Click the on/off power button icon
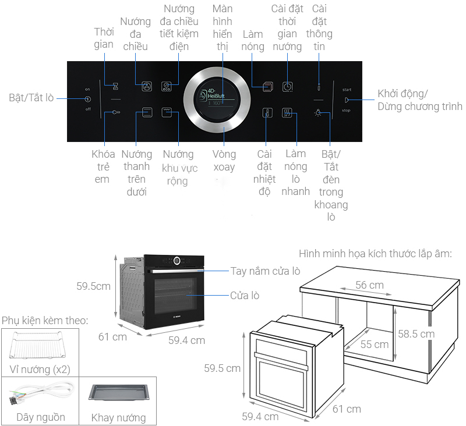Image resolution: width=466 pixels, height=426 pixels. tap(88, 99)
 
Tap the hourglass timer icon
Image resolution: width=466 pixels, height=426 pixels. tap(115, 86)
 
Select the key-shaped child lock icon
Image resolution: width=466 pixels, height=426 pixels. tap(116, 112)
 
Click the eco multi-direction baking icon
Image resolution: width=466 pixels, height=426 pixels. tap(167, 86)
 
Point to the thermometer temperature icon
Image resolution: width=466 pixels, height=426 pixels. tap(267, 113)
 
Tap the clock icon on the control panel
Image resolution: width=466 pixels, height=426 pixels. tap(287, 87)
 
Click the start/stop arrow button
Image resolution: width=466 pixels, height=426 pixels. tap(347, 100)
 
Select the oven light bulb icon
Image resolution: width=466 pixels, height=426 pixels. tap(318, 113)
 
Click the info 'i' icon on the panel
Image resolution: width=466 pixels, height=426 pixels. tap(319, 87)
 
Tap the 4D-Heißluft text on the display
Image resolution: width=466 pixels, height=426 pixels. tap(216, 93)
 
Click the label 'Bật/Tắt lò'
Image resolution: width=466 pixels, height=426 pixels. tap(31, 98)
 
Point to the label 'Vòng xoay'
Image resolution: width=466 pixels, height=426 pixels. tap(224, 161)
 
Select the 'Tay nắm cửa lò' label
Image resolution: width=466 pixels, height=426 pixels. tap(266, 271)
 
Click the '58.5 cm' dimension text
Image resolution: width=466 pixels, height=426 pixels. tap(416, 334)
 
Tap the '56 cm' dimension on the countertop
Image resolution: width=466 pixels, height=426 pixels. tap(369, 285)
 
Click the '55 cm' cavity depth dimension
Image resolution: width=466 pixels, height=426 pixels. tap(375, 345)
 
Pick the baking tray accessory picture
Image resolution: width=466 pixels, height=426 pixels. tap(118, 392)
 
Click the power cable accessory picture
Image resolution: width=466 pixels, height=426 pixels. tap(41, 392)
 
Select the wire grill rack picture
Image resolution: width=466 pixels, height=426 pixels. tap(37, 345)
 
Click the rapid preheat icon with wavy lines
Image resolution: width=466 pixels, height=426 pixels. tap(287, 113)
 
